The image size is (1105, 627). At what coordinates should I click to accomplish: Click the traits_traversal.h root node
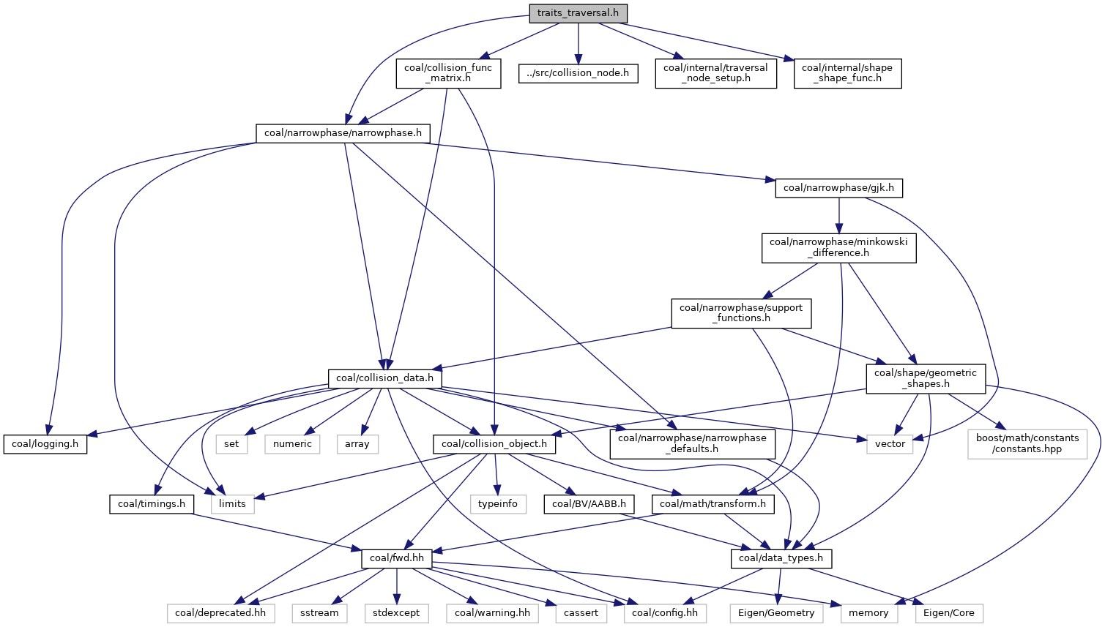(x=578, y=13)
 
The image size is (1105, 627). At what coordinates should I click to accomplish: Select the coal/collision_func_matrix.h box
(x=448, y=73)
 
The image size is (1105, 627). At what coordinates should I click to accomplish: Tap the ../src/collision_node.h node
(x=578, y=73)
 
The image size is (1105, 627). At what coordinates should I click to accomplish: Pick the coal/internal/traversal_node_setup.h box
(x=715, y=73)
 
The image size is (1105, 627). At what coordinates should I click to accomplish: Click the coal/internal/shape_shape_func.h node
(x=847, y=73)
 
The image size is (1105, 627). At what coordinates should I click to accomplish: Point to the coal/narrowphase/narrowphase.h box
(x=343, y=133)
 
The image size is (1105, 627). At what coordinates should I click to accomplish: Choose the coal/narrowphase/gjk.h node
(x=838, y=188)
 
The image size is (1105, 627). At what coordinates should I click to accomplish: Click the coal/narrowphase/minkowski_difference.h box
(x=838, y=248)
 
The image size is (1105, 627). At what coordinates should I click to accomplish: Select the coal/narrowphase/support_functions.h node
(x=740, y=313)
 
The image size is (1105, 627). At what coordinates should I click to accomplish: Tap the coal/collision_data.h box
(x=384, y=378)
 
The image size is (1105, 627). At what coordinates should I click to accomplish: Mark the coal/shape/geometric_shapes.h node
(x=926, y=378)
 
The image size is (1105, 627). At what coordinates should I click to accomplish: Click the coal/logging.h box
(x=45, y=444)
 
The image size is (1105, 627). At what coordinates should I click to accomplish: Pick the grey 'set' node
(x=231, y=444)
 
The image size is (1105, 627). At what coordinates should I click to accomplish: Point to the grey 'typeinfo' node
(x=498, y=504)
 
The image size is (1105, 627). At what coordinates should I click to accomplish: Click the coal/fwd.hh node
(x=397, y=558)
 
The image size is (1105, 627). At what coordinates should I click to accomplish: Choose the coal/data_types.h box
(x=781, y=558)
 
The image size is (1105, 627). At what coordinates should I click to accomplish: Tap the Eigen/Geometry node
(x=776, y=613)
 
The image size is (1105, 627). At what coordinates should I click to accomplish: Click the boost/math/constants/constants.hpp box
(x=1027, y=444)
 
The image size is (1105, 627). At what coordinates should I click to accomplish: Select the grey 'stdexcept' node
(x=395, y=613)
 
